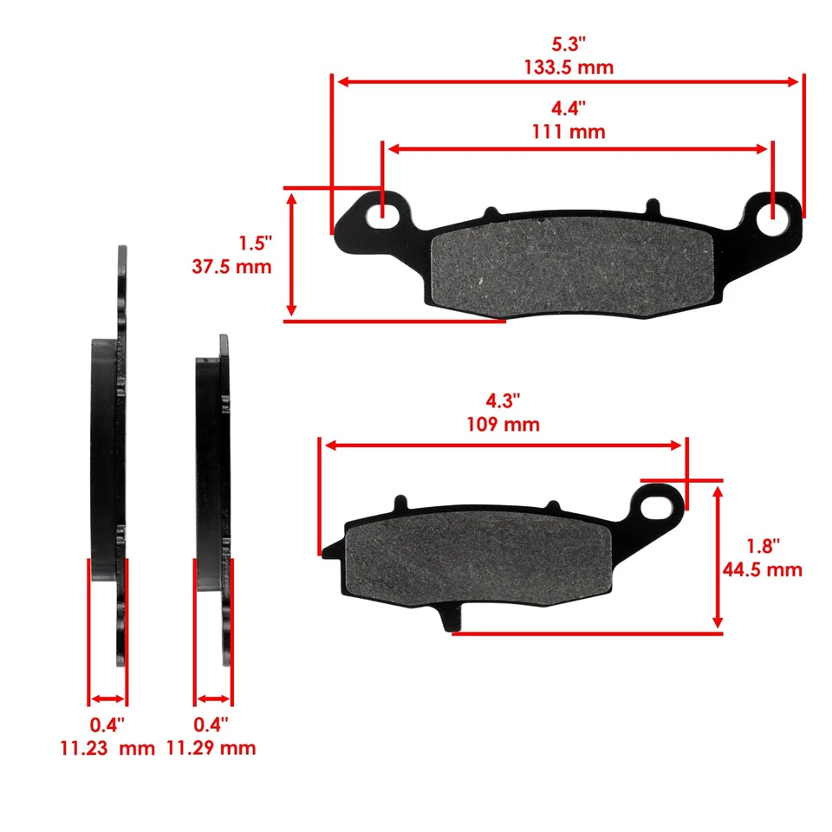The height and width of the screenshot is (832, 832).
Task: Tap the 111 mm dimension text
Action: click(x=568, y=132)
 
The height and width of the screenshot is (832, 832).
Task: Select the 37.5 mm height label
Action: click(x=231, y=266)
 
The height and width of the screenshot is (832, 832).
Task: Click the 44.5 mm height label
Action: click(x=762, y=569)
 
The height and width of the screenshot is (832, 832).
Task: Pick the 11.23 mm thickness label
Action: click(x=107, y=747)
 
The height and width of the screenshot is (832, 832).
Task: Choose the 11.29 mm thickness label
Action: click(x=211, y=747)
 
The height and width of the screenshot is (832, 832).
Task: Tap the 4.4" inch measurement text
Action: click(x=568, y=109)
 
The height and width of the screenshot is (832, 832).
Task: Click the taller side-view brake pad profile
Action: click(x=110, y=459)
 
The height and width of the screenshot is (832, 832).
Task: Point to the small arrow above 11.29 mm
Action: click(x=212, y=699)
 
